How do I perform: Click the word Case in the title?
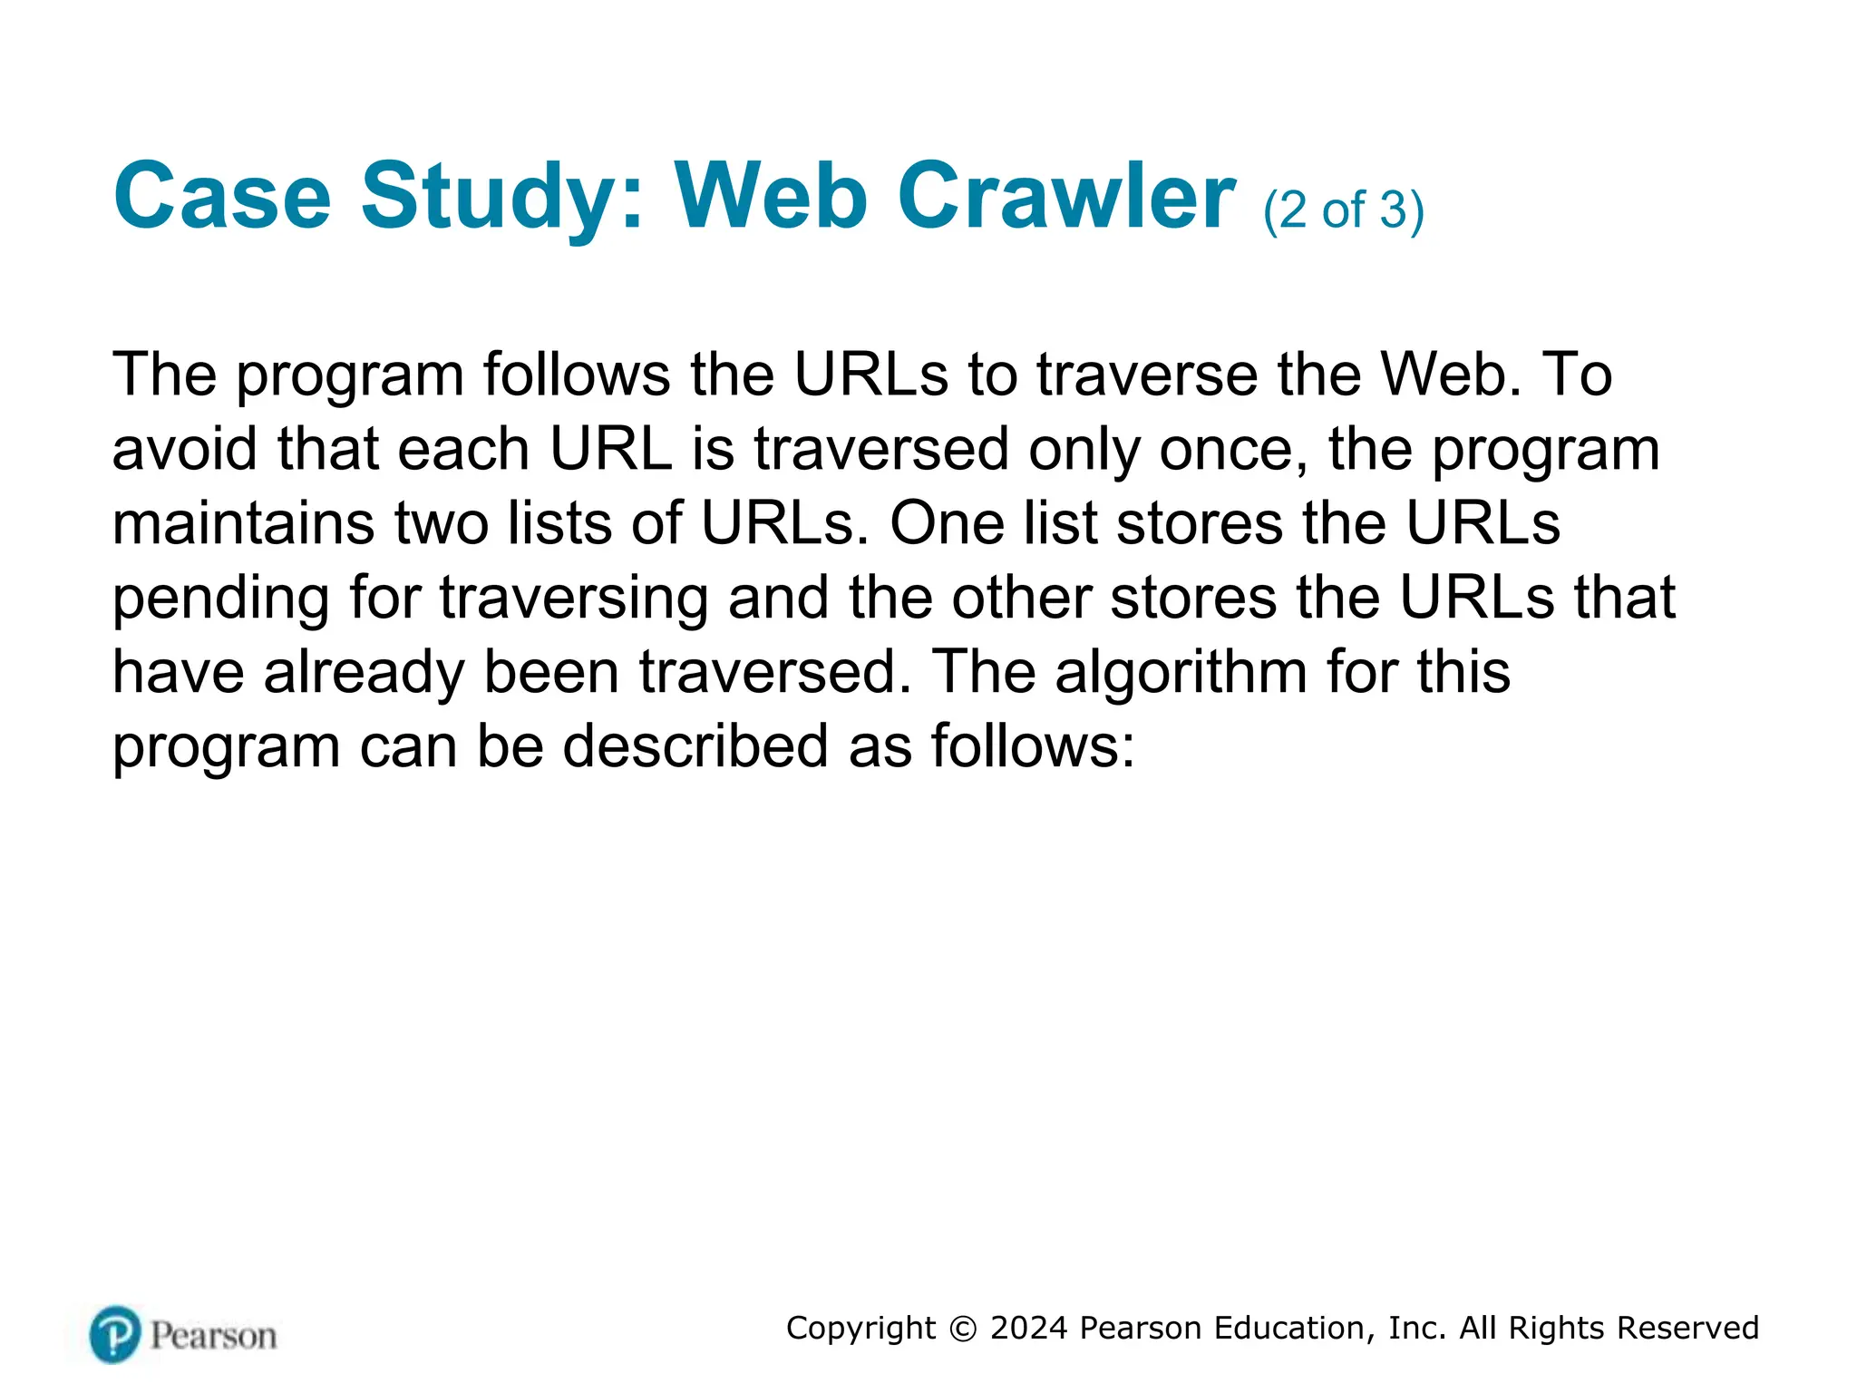222,197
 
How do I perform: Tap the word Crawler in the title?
1066,197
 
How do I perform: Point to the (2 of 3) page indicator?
1343,210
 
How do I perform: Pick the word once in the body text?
1233,449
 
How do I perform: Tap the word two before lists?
441,523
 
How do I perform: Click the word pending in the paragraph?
220,599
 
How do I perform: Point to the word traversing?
573,598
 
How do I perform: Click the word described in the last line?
695,746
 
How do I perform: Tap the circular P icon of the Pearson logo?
115,1334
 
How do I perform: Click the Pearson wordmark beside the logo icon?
213,1336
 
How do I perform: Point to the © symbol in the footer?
962,1329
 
